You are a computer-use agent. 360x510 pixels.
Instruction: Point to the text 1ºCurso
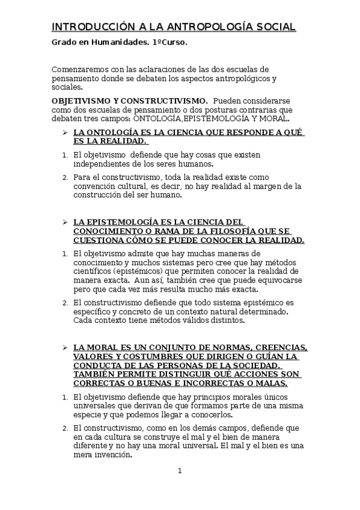[x=171, y=43]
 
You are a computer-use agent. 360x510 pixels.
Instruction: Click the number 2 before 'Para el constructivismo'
[x=65, y=177]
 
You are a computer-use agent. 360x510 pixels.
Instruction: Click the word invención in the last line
[x=112, y=455]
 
